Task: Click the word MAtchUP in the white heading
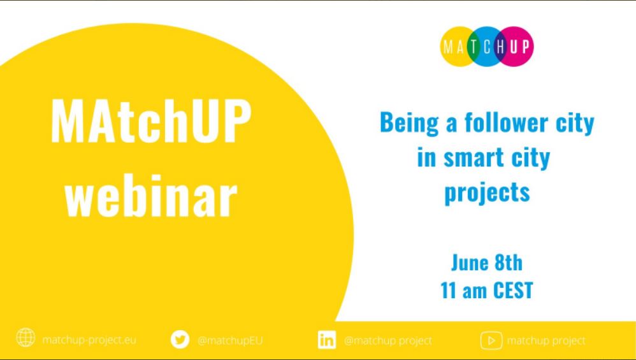[151, 122]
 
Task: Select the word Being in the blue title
[409, 123]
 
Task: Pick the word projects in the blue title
[487, 192]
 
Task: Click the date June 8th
[487, 263]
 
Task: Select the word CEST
[513, 291]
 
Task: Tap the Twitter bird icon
[180, 340]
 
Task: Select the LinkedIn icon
[326, 340]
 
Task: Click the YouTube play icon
[491, 340]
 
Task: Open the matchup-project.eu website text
[89, 340]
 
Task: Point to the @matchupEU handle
[230, 340]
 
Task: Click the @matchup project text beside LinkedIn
[387, 341]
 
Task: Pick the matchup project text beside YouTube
[546, 341]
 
